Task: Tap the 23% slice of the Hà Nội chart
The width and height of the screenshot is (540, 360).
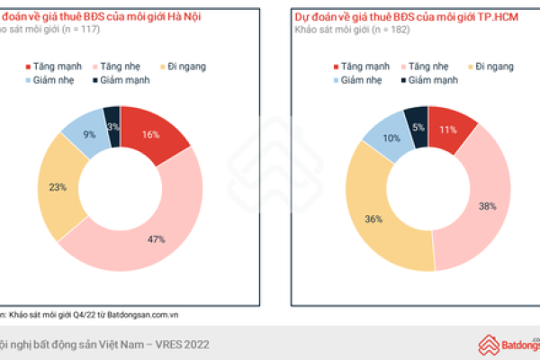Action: click(56, 188)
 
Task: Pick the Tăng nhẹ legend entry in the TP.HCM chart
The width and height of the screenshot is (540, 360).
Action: click(427, 67)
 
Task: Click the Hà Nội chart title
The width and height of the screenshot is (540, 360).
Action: click(99, 17)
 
